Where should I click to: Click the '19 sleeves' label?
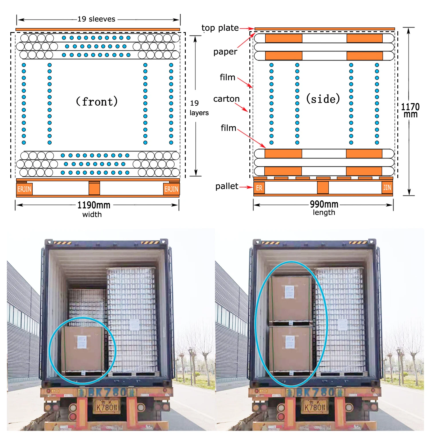[96, 19]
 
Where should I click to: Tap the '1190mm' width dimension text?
[94, 205]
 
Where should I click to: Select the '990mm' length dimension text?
[324, 204]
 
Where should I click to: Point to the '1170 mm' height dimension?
[410, 110]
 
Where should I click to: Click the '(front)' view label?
[97, 102]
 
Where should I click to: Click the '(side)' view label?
[323, 99]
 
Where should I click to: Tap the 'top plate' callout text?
[220, 28]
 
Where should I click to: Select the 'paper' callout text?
[225, 52]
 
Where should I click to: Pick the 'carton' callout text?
[226, 99]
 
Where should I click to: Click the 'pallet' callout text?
[226, 186]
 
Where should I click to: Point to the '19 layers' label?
[199, 108]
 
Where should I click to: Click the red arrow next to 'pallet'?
[246, 187]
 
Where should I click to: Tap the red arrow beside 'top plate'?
[247, 28]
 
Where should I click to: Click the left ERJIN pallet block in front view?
[24, 189]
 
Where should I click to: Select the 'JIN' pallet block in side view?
[387, 188]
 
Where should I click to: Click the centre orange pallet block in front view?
[94, 189]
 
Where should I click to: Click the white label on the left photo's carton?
[82, 342]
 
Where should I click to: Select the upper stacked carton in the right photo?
[290, 298]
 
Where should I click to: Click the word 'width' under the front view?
[92, 214]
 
